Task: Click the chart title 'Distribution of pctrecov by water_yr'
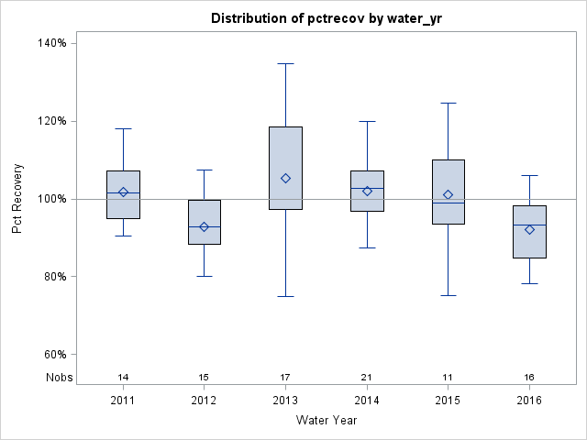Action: [x=325, y=18]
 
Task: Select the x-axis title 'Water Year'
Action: [x=326, y=420]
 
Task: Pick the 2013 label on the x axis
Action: [x=285, y=400]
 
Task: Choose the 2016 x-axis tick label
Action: [x=529, y=400]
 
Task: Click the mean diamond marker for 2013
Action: [x=285, y=178]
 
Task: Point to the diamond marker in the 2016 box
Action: [x=529, y=229]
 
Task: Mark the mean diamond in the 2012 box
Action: [x=204, y=226]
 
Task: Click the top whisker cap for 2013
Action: [x=285, y=63]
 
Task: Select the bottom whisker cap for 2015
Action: [x=448, y=295]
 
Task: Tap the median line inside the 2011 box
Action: [x=123, y=192]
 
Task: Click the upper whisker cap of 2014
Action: [x=367, y=121]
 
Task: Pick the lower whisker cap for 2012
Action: [x=204, y=276]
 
